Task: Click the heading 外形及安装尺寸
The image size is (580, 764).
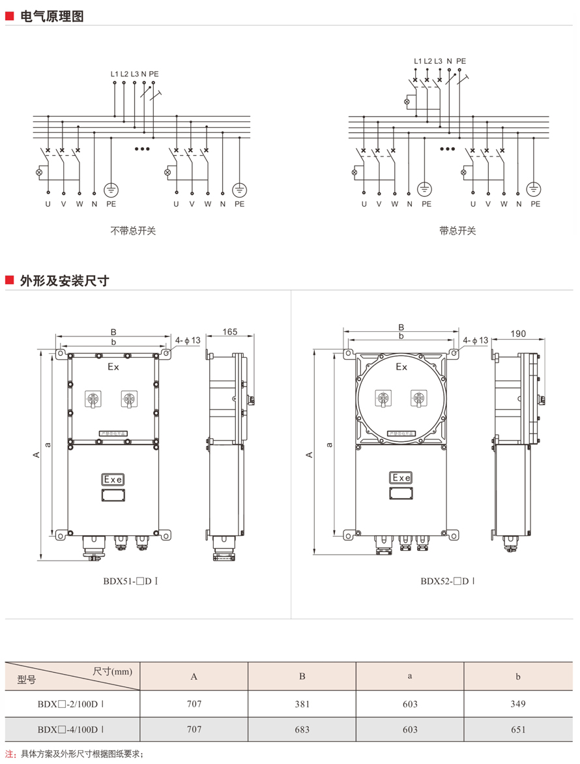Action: pyautogui.click(x=65, y=281)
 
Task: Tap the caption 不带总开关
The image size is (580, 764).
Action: pyautogui.click(x=133, y=231)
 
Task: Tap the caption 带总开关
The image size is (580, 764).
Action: pyautogui.click(x=457, y=231)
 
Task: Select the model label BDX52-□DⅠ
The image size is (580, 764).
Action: pyautogui.click(x=447, y=580)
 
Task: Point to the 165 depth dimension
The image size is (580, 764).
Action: pyautogui.click(x=229, y=332)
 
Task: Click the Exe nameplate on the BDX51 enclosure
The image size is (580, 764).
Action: pyautogui.click(x=113, y=480)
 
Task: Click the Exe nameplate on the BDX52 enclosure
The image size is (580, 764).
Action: pyautogui.click(x=401, y=478)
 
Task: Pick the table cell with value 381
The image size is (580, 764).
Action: pyautogui.click(x=302, y=704)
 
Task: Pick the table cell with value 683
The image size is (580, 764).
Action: pyautogui.click(x=302, y=729)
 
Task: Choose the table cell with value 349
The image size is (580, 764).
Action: pyautogui.click(x=518, y=704)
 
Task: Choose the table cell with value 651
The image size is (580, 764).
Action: pyautogui.click(x=518, y=729)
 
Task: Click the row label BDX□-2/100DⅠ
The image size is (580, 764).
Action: pyautogui.click(x=71, y=704)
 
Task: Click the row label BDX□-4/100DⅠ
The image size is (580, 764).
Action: pyautogui.click(x=71, y=729)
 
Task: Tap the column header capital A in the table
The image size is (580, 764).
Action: pyautogui.click(x=194, y=677)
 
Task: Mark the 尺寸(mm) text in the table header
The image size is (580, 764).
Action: pyautogui.click(x=112, y=671)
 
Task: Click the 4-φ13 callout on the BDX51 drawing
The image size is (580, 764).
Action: pyautogui.click(x=188, y=340)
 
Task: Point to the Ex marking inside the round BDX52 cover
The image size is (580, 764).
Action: pyautogui.click(x=401, y=367)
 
